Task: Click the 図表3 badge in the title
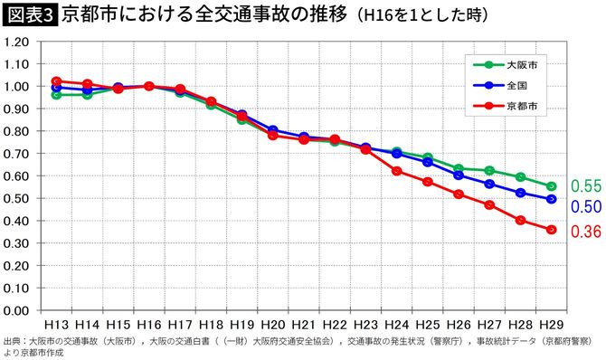pos(30,16)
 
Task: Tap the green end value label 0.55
pos(586,186)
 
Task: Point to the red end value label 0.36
pos(586,232)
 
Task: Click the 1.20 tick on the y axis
pos(18,64)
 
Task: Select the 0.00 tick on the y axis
pos(18,310)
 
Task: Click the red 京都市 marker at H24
pos(396,171)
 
